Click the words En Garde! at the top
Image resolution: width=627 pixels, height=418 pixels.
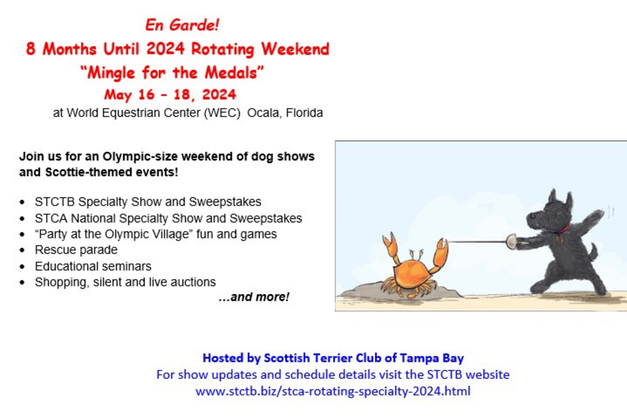pyautogui.click(x=182, y=25)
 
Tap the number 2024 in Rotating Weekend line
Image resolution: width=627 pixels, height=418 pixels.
pyautogui.click(x=165, y=49)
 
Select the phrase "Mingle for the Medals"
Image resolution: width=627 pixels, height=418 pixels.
pyautogui.click(x=172, y=72)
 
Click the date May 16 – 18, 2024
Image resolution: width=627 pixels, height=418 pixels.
pyautogui.click(x=171, y=95)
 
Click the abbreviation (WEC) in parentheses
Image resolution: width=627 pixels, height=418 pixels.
pyautogui.click(x=222, y=113)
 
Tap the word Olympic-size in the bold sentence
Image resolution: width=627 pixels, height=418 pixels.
pyautogui.click(x=139, y=156)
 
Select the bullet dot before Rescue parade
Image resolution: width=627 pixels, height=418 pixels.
pyautogui.click(x=22, y=250)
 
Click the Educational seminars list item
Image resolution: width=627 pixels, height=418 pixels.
pyautogui.click(x=93, y=266)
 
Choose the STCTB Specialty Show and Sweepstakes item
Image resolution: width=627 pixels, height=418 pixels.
pyautogui.click(x=148, y=202)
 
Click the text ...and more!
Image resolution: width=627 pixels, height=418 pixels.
pyautogui.click(x=254, y=297)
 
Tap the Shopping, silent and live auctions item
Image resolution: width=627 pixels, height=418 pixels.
pyautogui.click(x=125, y=282)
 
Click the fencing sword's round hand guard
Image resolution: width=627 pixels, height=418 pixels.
pyautogui.click(x=511, y=241)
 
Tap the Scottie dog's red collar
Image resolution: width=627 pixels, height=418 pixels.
pyautogui.click(x=563, y=230)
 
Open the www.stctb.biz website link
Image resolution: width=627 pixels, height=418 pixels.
pyautogui.click(x=332, y=391)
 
